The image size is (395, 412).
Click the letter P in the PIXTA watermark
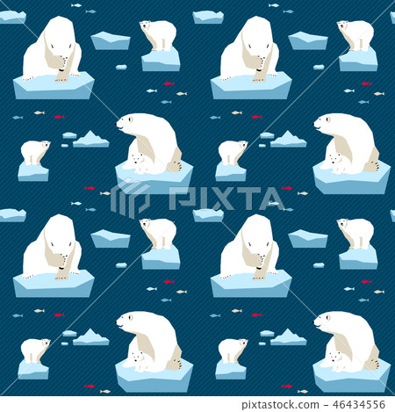[x=180, y=199]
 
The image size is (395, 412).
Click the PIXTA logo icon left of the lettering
[x=130, y=199]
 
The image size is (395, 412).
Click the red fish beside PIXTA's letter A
[x=287, y=188]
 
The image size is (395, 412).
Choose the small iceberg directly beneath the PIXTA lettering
[x=208, y=214]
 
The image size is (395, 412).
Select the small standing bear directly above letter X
[x=232, y=151]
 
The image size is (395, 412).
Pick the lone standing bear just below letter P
[x=159, y=233]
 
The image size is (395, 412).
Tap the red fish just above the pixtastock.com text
[x=287, y=385]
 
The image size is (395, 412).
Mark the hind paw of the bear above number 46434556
[x=372, y=363]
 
